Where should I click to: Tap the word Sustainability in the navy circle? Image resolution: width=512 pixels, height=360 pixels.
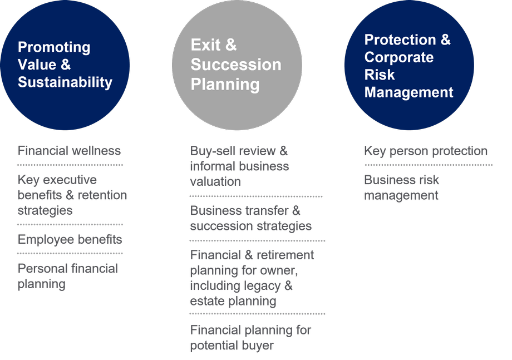tap(65, 82)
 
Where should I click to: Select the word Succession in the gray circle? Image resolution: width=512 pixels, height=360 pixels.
tap(236, 65)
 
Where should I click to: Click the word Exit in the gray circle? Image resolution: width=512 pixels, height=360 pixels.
tap(205, 45)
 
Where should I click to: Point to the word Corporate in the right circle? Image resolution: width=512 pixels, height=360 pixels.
tap(399, 58)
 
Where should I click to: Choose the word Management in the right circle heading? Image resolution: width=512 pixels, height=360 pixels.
tap(409, 92)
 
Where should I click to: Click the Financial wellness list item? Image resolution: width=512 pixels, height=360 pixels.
tap(69, 151)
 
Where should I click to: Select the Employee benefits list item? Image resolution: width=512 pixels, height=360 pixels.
tap(70, 240)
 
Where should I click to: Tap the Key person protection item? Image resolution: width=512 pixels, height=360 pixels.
tap(426, 151)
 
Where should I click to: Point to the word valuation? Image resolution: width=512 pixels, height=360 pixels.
tap(215, 181)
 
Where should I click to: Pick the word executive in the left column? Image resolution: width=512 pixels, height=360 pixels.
tap(70, 180)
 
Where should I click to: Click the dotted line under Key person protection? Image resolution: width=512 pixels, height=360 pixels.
tap(429, 165)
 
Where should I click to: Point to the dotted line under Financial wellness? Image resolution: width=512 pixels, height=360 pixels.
tap(70, 165)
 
